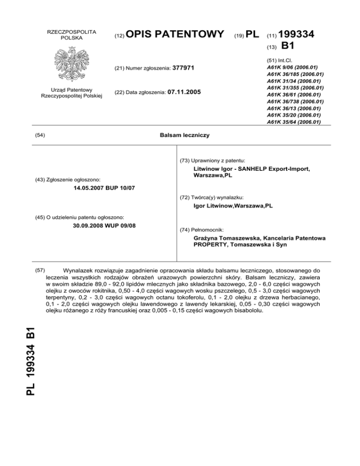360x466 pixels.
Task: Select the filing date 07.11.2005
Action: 184,93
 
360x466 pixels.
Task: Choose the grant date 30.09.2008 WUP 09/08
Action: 105,225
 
